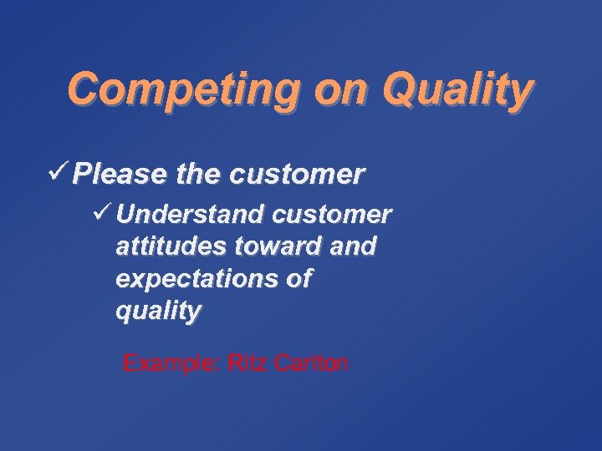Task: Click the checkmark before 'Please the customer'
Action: pos(59,174)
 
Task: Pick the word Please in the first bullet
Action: pos(120,175)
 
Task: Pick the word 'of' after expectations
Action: pos(297,279)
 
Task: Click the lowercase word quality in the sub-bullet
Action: pos(158,312)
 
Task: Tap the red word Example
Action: pos(171,364)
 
